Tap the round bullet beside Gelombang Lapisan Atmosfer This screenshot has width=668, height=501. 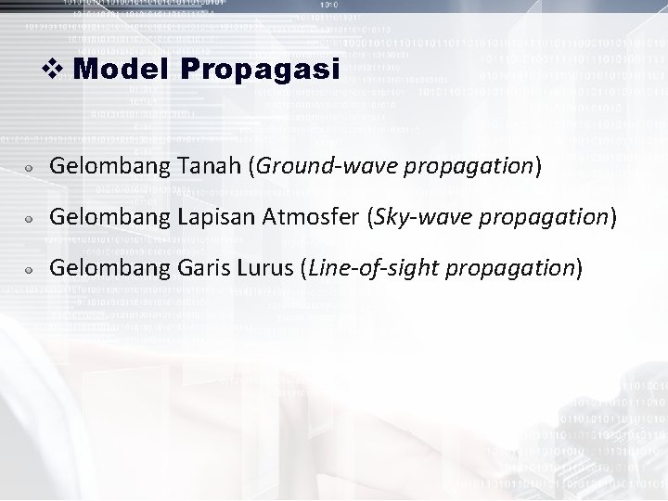tap(31, 219)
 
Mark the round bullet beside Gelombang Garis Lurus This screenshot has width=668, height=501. tap(31, 270)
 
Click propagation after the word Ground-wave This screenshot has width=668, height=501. tap(476, 167)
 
